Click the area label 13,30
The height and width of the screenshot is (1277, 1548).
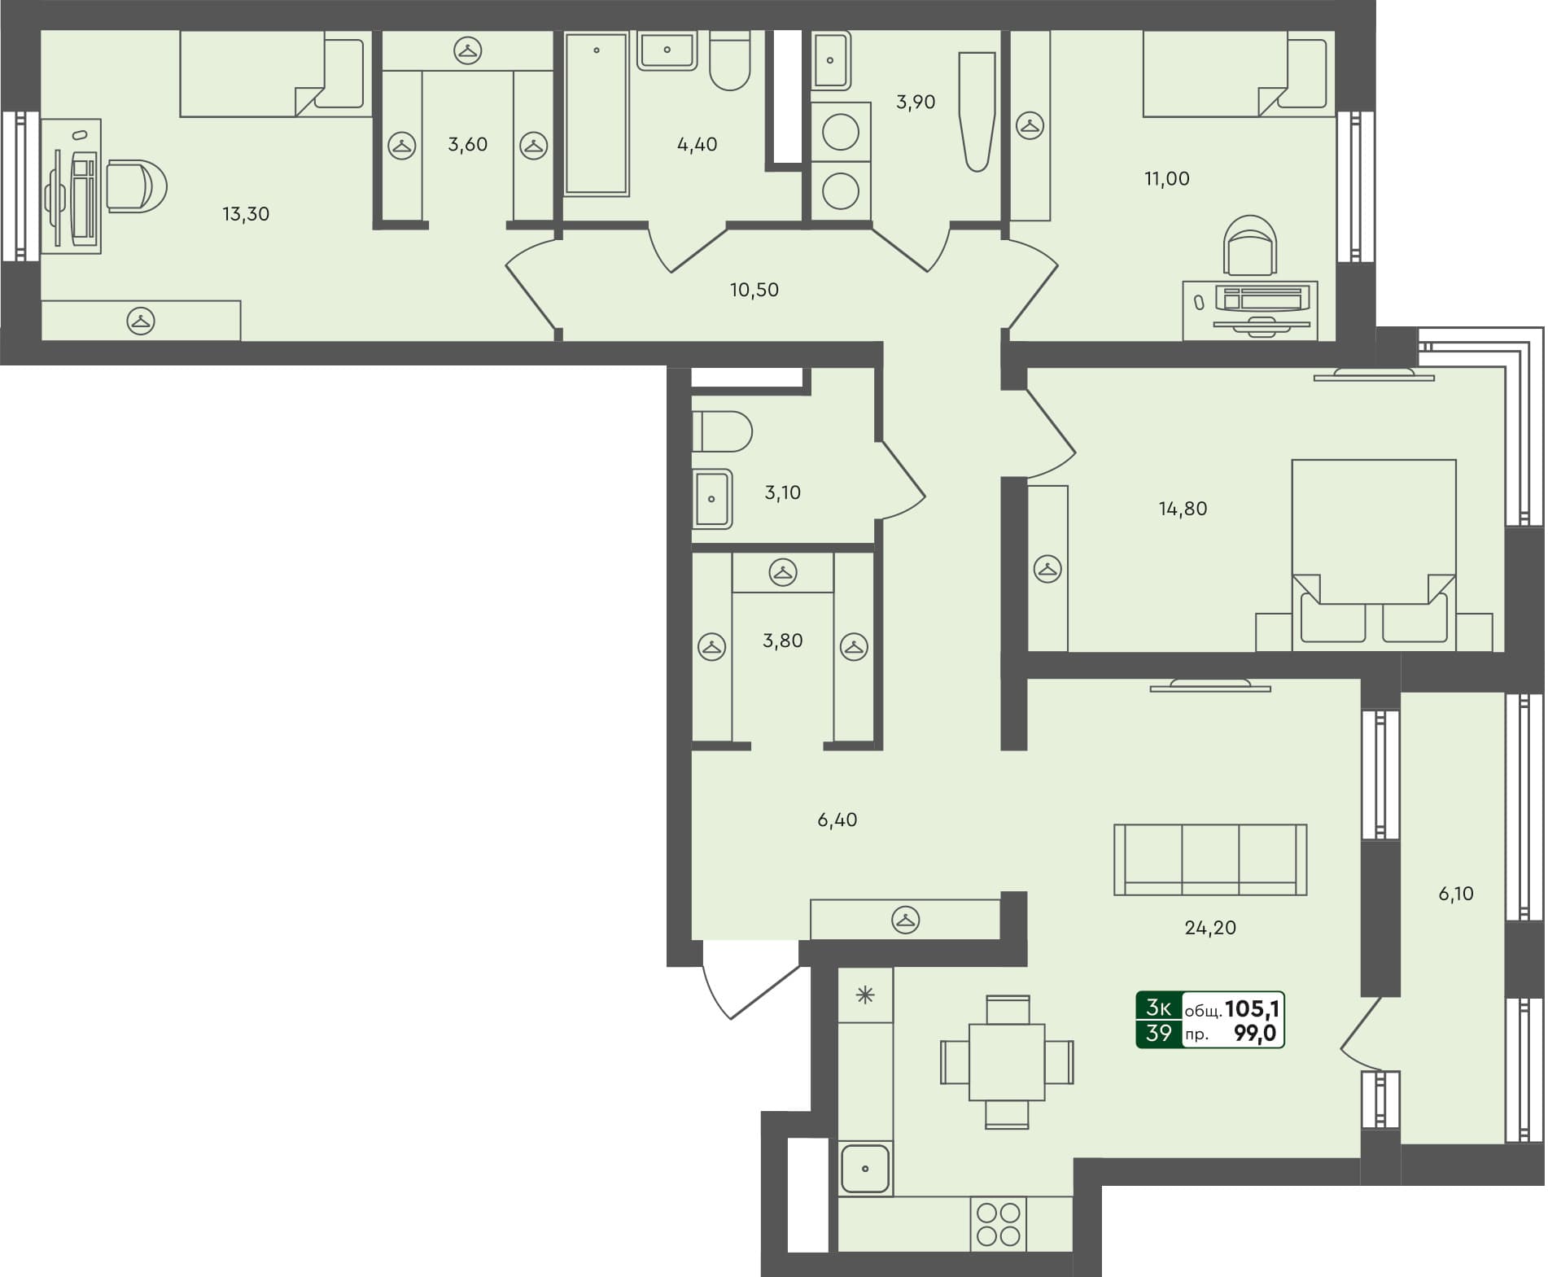tap(246, 214)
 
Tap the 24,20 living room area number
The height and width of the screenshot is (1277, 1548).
tap(1210, 928)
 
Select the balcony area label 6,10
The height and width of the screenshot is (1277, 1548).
tap(1456, 894)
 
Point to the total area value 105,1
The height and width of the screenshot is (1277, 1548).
tap(1253, 1009)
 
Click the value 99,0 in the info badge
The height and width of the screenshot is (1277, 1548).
tap(1255, 1034)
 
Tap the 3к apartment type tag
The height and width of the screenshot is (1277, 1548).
tap(1158, 1008)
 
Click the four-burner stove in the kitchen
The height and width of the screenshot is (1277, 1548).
tap(999, 1224)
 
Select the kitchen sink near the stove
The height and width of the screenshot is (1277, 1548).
tap(865, 1168)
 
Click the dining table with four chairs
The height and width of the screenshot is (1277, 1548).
tap(1007, 1062)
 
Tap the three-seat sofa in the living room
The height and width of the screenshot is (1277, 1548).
tap(1210, 859)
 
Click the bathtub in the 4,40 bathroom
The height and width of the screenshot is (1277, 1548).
tap(597, 114)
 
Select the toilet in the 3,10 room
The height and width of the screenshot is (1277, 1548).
tap(723, 431)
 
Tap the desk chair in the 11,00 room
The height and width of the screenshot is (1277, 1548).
tap(1251, 247)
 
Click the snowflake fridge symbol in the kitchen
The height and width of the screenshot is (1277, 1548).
tap(865, 995)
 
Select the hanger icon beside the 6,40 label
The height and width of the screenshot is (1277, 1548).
tap(905, 920)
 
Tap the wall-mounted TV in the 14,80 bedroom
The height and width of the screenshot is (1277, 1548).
tap(1374, 374)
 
